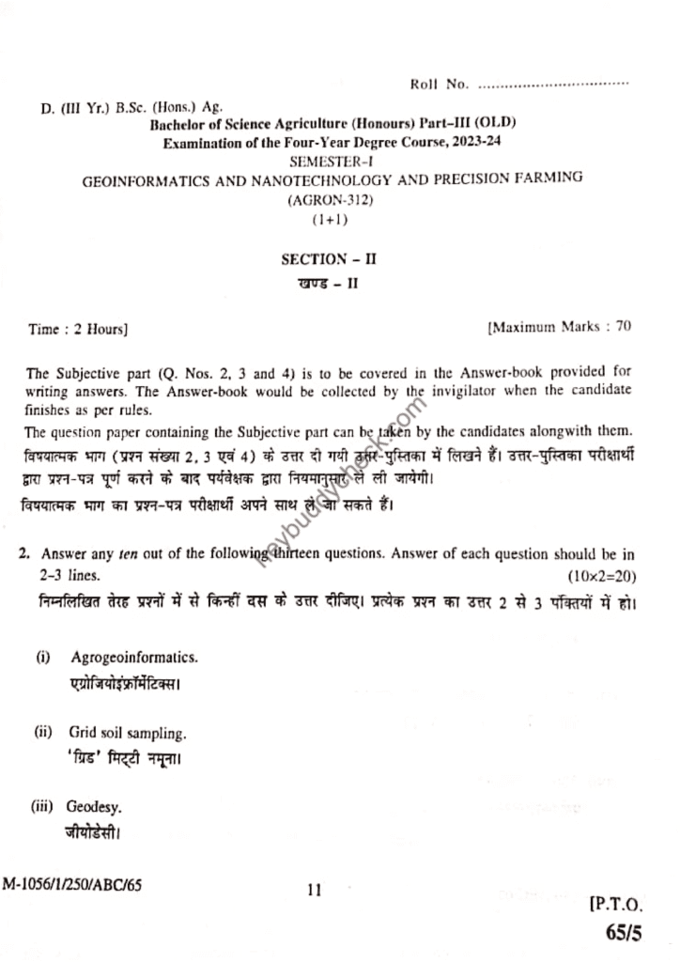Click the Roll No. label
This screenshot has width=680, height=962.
(x=439, y=85)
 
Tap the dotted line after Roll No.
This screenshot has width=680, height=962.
(x=553, y=85)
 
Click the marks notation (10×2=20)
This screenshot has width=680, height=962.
(x=602, y=573)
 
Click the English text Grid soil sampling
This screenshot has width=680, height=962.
(x=127, y=731)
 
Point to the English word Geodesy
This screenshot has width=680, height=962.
(x=95, y=807)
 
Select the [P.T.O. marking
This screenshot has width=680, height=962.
(x=615, y=907)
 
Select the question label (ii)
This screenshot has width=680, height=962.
(x=44, y=731)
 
